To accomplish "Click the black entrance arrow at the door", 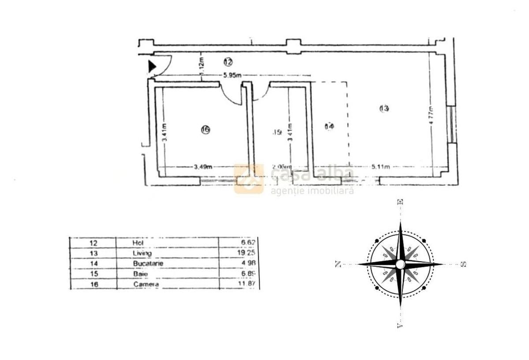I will tap(152, 66).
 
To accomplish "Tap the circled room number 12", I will tap(227, 61).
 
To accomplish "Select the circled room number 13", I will tap(384, 108).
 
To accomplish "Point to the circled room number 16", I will tap(205, 129).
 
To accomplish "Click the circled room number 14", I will tap(329, 127).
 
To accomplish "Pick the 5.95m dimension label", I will tap(232, 75).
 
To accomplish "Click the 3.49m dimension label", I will tap(203, 167).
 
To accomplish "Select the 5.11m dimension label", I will tap(380, 167).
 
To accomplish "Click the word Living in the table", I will tap(142, 253).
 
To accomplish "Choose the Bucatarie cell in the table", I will tap(145, 263).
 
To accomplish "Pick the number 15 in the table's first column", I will tap(93, 274).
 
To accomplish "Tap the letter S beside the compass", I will tap(463, 264).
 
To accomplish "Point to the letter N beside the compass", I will tap(338, 264).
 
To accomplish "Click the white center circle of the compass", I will tap(400, 264).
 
